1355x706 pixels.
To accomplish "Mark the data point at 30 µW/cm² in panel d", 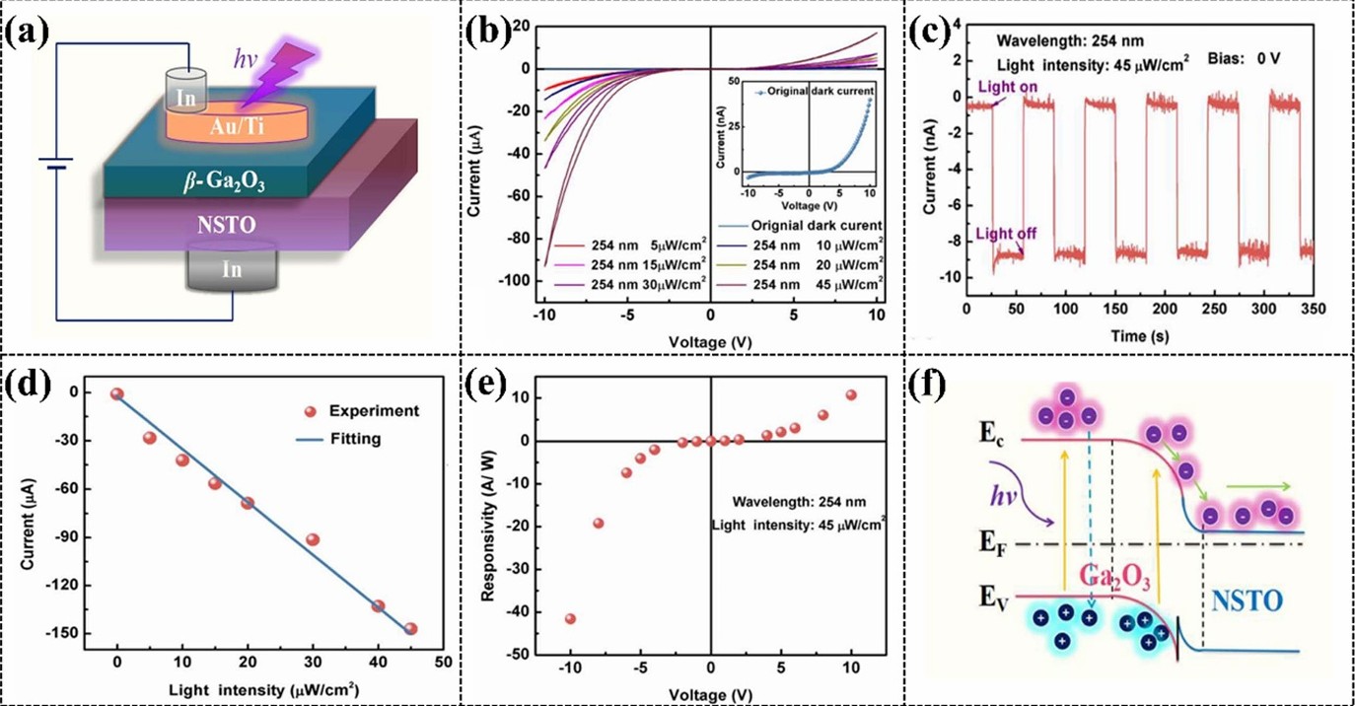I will tap(313, 539).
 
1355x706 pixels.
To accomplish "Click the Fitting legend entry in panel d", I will tap(355, 439).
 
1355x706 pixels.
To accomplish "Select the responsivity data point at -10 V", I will tap(570, 618).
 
